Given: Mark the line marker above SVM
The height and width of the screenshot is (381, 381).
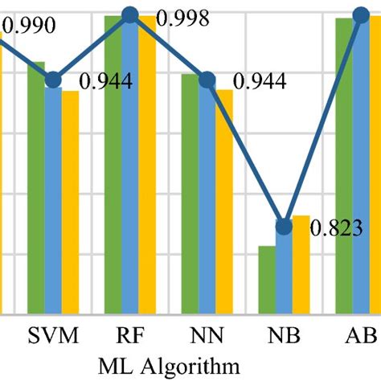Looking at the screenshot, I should point(53,80).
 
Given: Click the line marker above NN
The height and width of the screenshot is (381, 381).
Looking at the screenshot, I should point(207,80).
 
